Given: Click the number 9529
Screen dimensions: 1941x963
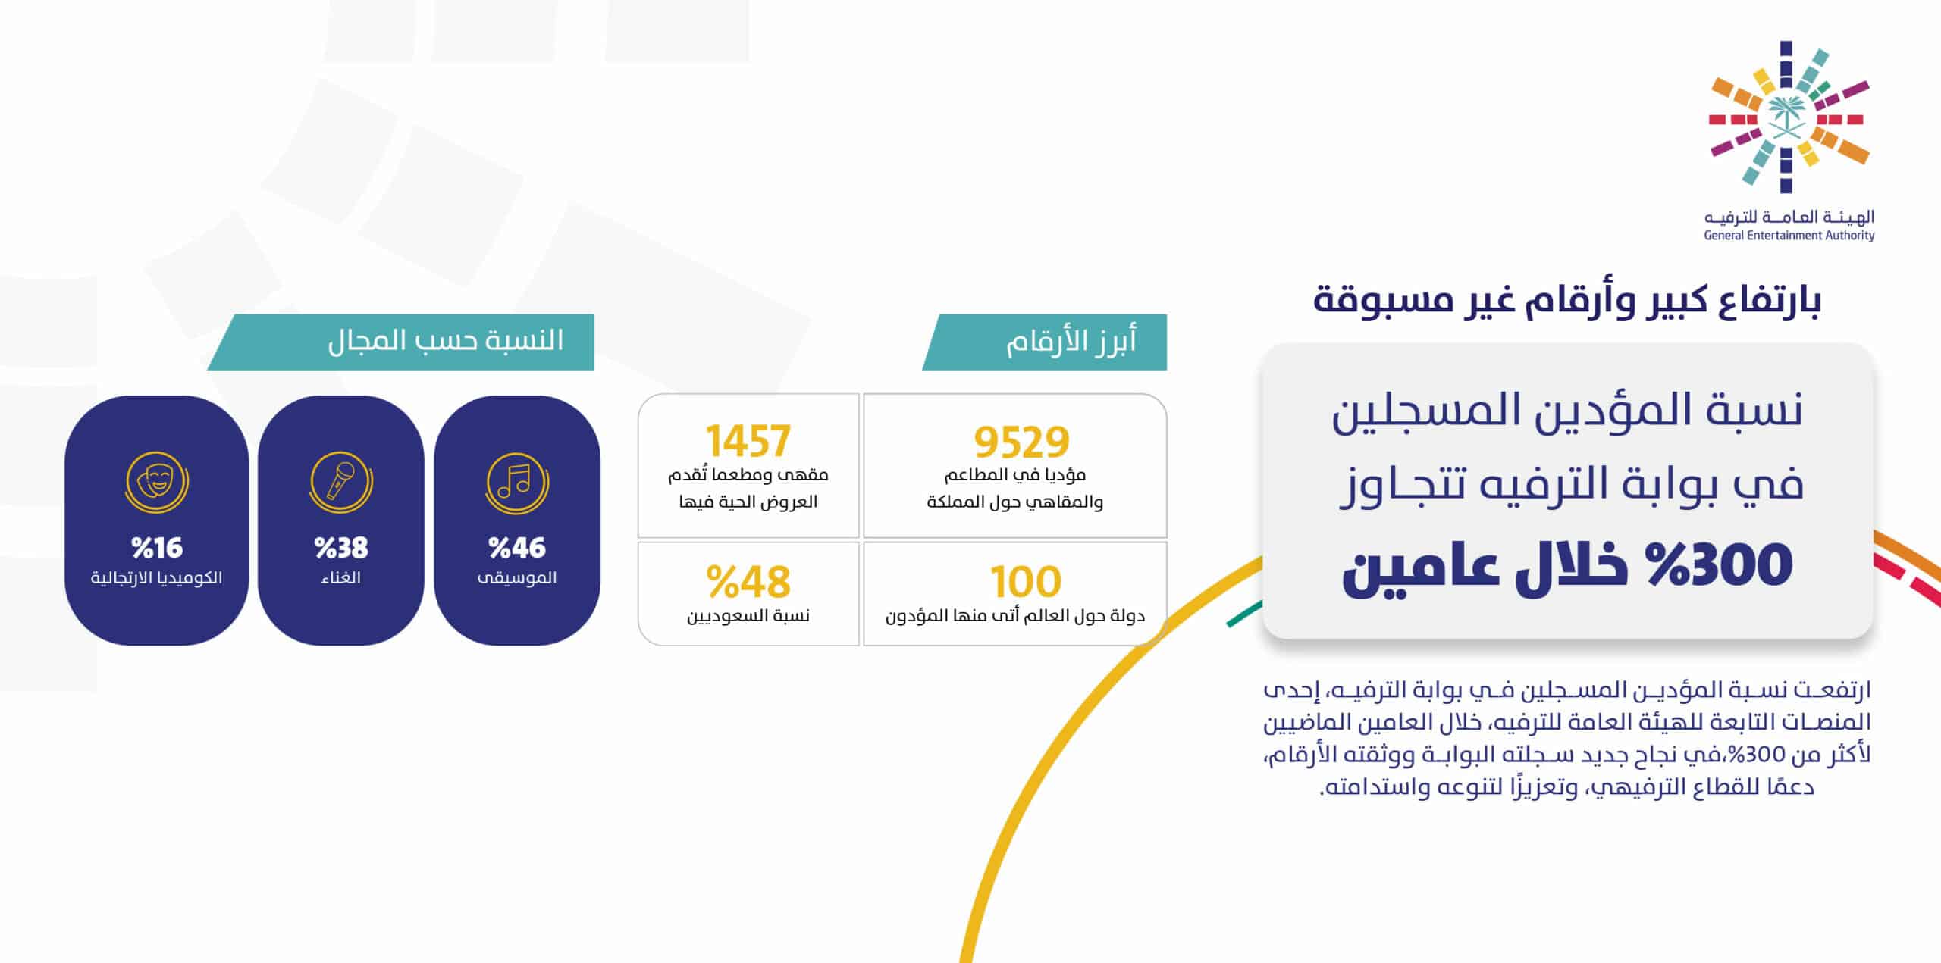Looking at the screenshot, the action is pos(1021,442).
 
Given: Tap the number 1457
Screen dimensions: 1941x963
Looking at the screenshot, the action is pos(748,441).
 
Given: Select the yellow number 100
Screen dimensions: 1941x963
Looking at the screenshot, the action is pos(1026,582).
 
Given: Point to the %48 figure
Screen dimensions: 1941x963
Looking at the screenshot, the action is pos(748,582).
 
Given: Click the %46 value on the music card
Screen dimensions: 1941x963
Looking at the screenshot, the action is pos(517,547).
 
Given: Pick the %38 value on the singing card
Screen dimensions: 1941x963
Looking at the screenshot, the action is pos(341,547).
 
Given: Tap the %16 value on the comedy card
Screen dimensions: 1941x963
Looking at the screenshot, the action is pos(157,547).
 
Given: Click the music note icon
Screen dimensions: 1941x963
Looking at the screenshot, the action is pos(517,483).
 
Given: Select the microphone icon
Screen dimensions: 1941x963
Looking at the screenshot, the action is pos(341,483).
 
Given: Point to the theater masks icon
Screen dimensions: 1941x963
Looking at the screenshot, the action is pos(157,483).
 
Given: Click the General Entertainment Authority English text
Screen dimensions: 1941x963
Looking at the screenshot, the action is pos(1789,236).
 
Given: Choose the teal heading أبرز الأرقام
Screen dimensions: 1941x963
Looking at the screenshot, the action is pos(1071,342).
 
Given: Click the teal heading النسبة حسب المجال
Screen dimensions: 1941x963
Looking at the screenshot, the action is pos(446,340).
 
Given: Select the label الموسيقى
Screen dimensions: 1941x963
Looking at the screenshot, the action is pos(517,578).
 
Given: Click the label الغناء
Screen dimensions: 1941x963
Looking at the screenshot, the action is pos(341,577).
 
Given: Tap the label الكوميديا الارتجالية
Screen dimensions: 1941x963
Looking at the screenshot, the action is pos(157,577).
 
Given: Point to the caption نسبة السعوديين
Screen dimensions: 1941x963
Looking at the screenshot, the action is pos(748,615).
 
